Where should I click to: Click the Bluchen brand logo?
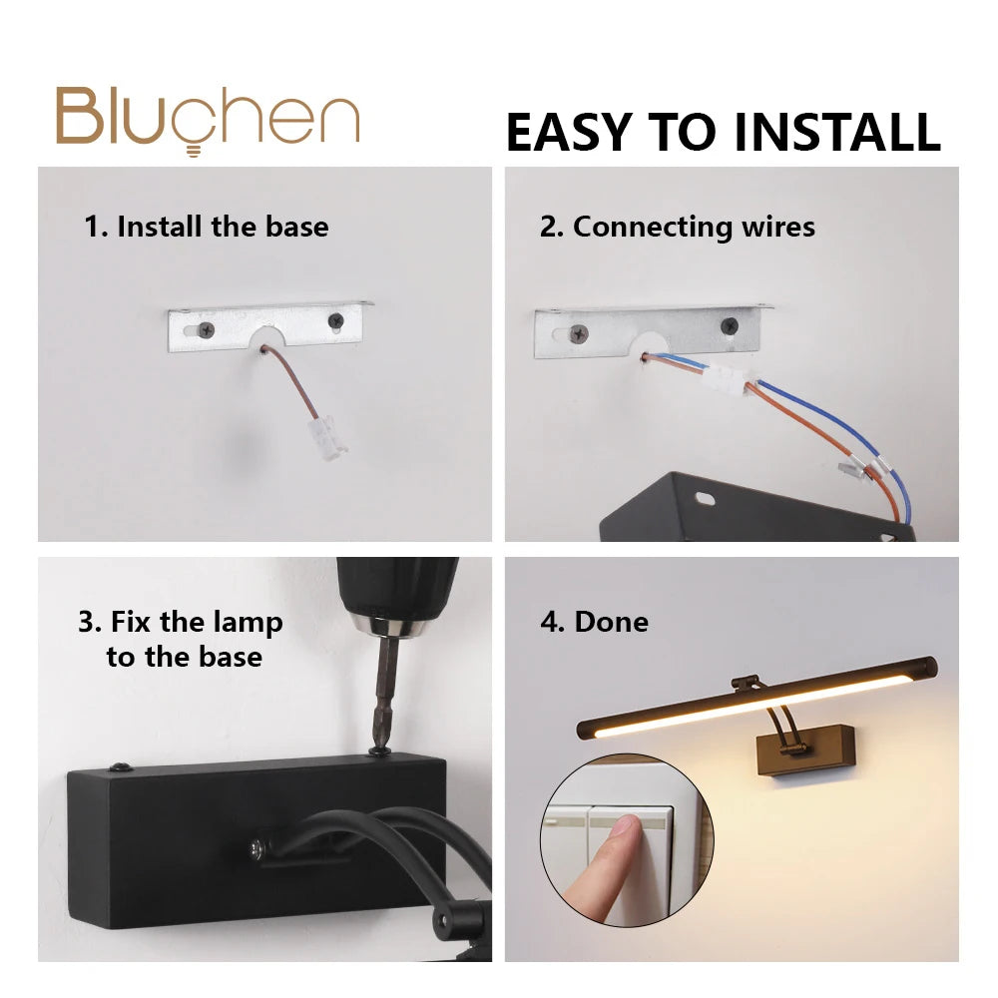pyautogui.click(x=209, y=120)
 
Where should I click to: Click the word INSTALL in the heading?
pyautogui.click(x=837, y=133)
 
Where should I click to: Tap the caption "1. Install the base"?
pyautogui.click(x=207, y=227)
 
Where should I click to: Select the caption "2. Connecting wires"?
pyautogui.click(x=678, y=228)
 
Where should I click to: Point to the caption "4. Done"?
pyautogui.click(x=595, y=622)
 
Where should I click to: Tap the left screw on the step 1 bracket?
pyautogui.click(x=207, y=329)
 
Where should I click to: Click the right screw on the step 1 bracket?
pyautogui.click(x=335, y=320)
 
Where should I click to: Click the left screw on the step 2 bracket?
pyautogui.click(x=579, y=332)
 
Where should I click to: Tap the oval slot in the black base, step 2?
pyautogui.click(x=705, y=498)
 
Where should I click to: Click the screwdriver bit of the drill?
pyautogui.click(x=383, y=695)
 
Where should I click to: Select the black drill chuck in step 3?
pyautogui.click(x=397, y=596)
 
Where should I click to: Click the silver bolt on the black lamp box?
pyautogui.click(x=256, y=847)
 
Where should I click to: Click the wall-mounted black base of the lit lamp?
pyautogui.click(x=805, y=750)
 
